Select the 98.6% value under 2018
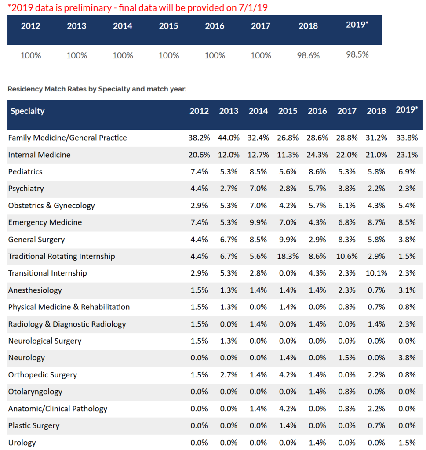(x=308, y=56)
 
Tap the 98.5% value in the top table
(x=357, y=54)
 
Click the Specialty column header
(x=27, y=111)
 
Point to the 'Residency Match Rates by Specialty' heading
(x=97, y=89)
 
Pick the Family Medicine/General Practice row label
(x=68, y=138)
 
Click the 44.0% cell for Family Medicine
(x=229, y=138)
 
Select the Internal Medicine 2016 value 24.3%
(x=317, y=155)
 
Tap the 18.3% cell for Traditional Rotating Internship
(x=288, y=256)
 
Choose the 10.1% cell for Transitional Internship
(x=376, y=273)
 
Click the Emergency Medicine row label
(x=45, y=222)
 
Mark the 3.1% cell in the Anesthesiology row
(x=406, y=290)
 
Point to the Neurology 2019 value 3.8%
(x=406, y=358)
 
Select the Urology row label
(x=22, y=443)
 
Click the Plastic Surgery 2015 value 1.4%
(x=288, y=425)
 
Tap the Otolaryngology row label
(x=35, y=392)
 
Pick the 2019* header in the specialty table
(x=406, y=110)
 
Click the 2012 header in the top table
(x=30, y=26)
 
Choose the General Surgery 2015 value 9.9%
(x=288, y=240)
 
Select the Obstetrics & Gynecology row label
(x=51, y=206)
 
